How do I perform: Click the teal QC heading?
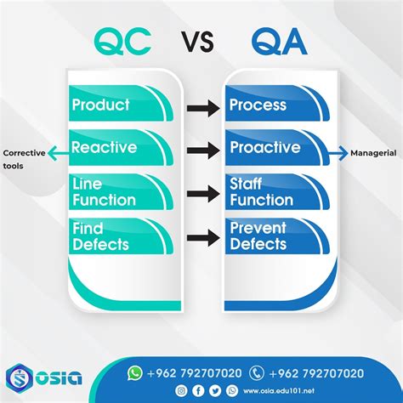click(x=122, y=42)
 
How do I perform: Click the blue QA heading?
click(x=280, y=42)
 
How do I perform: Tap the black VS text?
click(x=198, y=42)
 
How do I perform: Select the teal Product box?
click(x=122, y=103)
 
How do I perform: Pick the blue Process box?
click(x=277, y=103)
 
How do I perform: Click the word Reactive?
click(x=104, y=147)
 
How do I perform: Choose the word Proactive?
click(x=265, y=147)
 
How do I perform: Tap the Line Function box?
click(x=122, y=192)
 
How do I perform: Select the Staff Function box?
click(x=277, y=192)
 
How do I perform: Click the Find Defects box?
click(x=122, y=236)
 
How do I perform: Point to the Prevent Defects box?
click(x=277, y=236)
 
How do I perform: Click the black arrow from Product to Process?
click(x=203, y=108)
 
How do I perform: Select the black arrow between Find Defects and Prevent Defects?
click(x=203, y=238)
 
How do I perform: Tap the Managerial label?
click(x=373, y=153)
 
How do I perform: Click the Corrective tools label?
click(x=24, y=160)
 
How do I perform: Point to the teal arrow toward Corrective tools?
click(x=59, y=153)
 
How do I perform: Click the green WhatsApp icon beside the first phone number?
click(x=134, y=373)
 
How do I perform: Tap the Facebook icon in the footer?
click(x=198, y=391)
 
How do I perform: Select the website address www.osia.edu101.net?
click(x=279, y=391)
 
